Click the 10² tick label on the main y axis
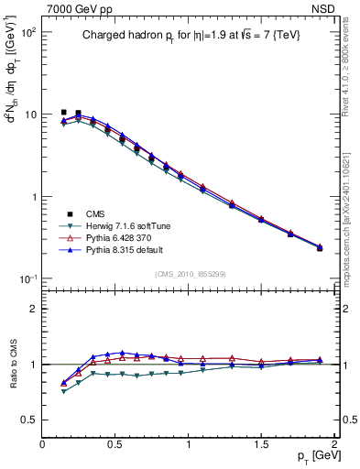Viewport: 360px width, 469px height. pos(27,32)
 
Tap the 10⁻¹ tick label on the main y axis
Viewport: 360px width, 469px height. pos(27,278)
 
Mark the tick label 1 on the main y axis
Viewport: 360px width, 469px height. pos(33,197)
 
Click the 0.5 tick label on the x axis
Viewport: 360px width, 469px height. pos(115,443)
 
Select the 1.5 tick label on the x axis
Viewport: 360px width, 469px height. pos(261,443)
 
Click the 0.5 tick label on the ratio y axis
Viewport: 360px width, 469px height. pos(28,420)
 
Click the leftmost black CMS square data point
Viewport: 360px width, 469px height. pos(63,112)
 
